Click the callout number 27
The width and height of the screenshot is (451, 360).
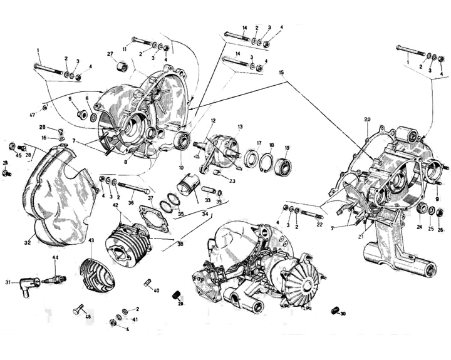click(x=110, y=54)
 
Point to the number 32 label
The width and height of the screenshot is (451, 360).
click(x=28, y=242)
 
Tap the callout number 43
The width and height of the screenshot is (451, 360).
click(x=91, y=240)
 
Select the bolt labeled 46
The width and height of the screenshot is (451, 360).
click(x=80, y=310)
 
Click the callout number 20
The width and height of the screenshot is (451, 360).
click(x=367, y=119)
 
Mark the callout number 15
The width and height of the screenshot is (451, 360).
click(x=283, y=73)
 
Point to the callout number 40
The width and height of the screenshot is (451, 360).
click(x=157, y=290)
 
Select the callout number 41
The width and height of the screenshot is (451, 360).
click(x=135, y=319)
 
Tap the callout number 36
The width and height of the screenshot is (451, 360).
click(x=130, y=202)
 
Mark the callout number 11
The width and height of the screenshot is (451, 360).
click(x=125, y=48)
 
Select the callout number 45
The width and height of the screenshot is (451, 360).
click(x=18, y=155)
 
